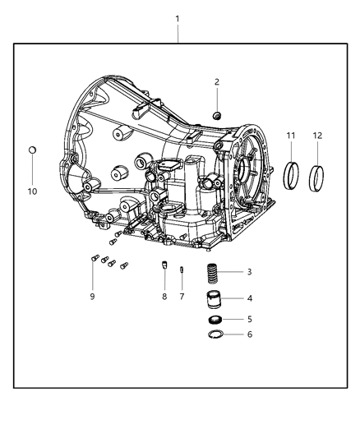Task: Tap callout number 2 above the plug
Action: coord(217,81)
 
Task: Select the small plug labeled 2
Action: coord(216,113)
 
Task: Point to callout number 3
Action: coord(249,272)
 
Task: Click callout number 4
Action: coord(249,298)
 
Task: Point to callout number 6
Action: coord(249,334)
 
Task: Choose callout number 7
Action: coord(182,297)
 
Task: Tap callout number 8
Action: coord(163,297)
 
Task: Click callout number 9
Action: coord(92,297)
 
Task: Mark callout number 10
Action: coord(32,191)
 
